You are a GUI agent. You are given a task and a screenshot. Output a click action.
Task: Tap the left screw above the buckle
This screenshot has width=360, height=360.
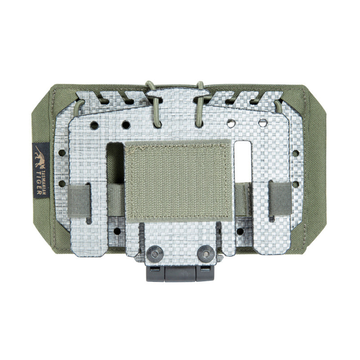click(x=156, y=254)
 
